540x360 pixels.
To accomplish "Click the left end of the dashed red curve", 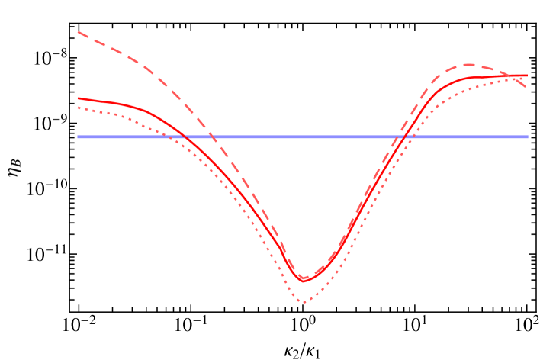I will tap(78, 32).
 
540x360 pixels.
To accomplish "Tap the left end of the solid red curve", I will tap(78, 98).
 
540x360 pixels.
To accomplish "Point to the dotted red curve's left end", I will tap(78, 107).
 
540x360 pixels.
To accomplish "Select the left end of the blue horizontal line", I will tap(78, 137).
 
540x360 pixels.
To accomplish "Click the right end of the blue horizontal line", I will tap(528, 137).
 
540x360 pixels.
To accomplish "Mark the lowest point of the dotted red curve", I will tap(304, 302).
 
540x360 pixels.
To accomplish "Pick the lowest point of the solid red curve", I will tap(304, 281).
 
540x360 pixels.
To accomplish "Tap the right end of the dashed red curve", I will tap(527, 88).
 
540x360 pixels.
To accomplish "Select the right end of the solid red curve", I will tap(527, 76).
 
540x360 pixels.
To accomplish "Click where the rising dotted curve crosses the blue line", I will tap(413, 137).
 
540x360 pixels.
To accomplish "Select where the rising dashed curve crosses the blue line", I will tap(397, 137).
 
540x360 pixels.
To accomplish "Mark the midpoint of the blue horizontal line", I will tap(303, 137).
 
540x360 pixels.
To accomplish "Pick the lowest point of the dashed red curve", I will tap(304, 278).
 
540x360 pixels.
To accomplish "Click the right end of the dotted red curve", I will tap(527, 76).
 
